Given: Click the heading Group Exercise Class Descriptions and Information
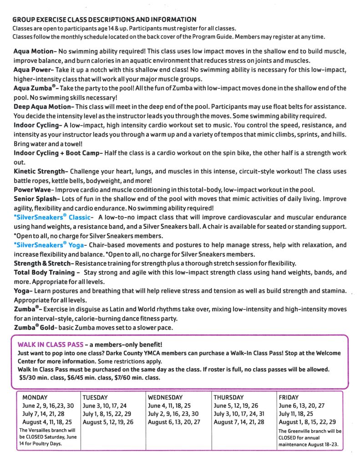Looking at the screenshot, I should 104,20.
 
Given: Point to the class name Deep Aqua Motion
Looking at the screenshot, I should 43,106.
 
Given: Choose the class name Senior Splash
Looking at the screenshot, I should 36,199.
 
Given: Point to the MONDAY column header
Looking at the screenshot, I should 35,397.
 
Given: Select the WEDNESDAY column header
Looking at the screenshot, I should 165,397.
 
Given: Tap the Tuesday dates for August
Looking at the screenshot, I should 108,422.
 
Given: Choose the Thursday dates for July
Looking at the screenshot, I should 238,414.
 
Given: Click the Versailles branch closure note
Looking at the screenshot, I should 48,436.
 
